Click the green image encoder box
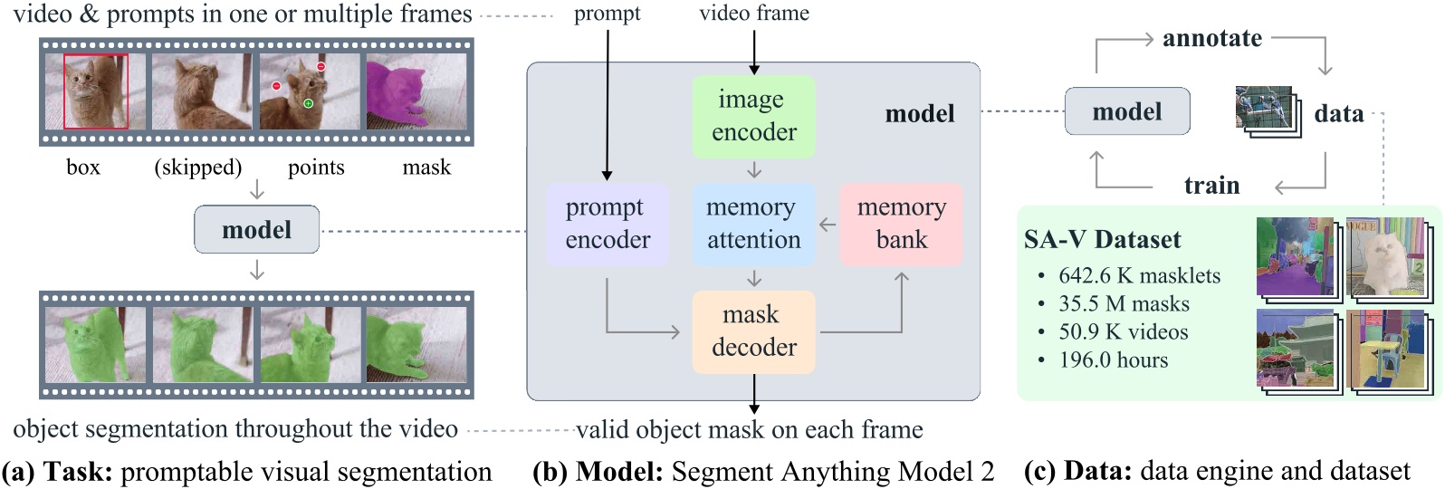[x=753, y=117]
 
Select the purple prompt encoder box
[x=607, y=225]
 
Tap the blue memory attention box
[x=753, y=225]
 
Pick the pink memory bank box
[x=901, y=225]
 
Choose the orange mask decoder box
[x=753, y=332]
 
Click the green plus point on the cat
[x=309, y=103]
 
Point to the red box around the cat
[x=95, y=91]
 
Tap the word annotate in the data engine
[x=1212, y=39]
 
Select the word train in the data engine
[x=1212, y=186]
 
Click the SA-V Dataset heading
[x=1103, y=239]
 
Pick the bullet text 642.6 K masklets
[x=1139, y=275]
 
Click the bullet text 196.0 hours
[x=1114, y=360]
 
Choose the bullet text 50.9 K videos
[x=1123, y=331]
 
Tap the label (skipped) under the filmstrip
[x=198, y=168]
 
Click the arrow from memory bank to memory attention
[x=828, y=225]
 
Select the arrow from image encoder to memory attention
[x=754, y=170]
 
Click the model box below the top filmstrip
[x=257, y=229]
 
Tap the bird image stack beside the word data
[x=1267, y=111]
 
